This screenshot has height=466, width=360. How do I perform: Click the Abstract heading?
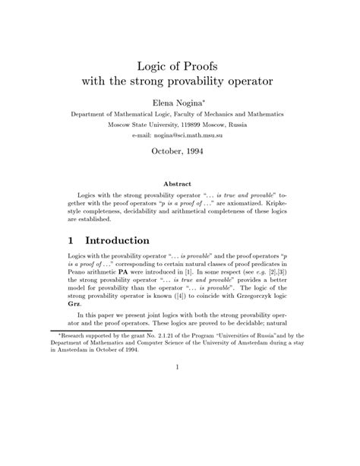click(x=179, y=183)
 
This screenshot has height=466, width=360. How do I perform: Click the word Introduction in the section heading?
click(x=126, y=238)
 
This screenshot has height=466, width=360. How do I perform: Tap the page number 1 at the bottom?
click(x=180, y=432)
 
